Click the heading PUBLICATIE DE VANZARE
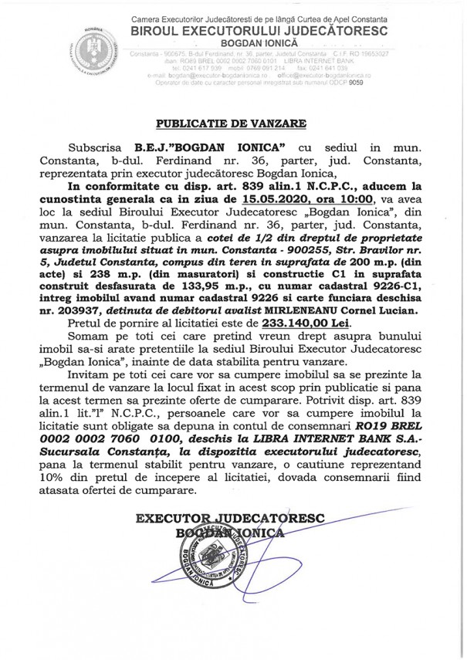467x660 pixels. point(232,122)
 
